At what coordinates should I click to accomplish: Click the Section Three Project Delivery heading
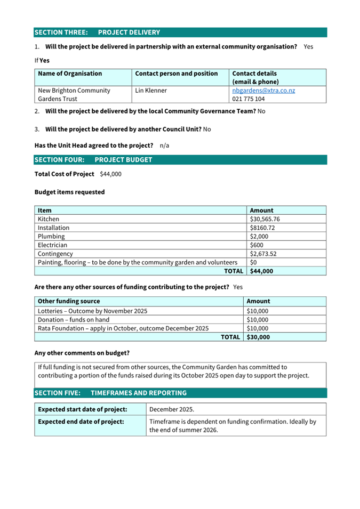[x=97, y=33]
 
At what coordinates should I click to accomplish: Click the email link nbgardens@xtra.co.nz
[x=263, y=91]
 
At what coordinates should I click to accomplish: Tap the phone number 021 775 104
[x=249, y=99]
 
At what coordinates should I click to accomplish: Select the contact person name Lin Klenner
[x=151, y=91]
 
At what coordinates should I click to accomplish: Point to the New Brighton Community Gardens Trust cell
[x=74, y=94]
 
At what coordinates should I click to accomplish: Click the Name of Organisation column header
[x=70, y=74]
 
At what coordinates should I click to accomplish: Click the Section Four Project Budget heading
[x=93, y=160]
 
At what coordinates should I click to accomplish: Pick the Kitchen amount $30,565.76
[x=265, y=219]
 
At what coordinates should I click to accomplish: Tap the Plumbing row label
[x=51, y=236]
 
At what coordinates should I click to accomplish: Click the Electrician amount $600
[x=257, y=245]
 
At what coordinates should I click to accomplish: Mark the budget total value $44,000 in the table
[x=261, y=271]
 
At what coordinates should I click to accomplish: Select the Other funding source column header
[x=69, y=301]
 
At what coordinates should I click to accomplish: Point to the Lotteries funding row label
[x=92, y=311]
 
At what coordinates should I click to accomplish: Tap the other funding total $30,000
[x=258, y=337]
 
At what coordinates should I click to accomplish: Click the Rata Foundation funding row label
[x=123, y=328]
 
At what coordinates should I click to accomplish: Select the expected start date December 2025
[x=172, y=409]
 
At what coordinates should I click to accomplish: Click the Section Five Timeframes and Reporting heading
[x=110, y=393]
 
